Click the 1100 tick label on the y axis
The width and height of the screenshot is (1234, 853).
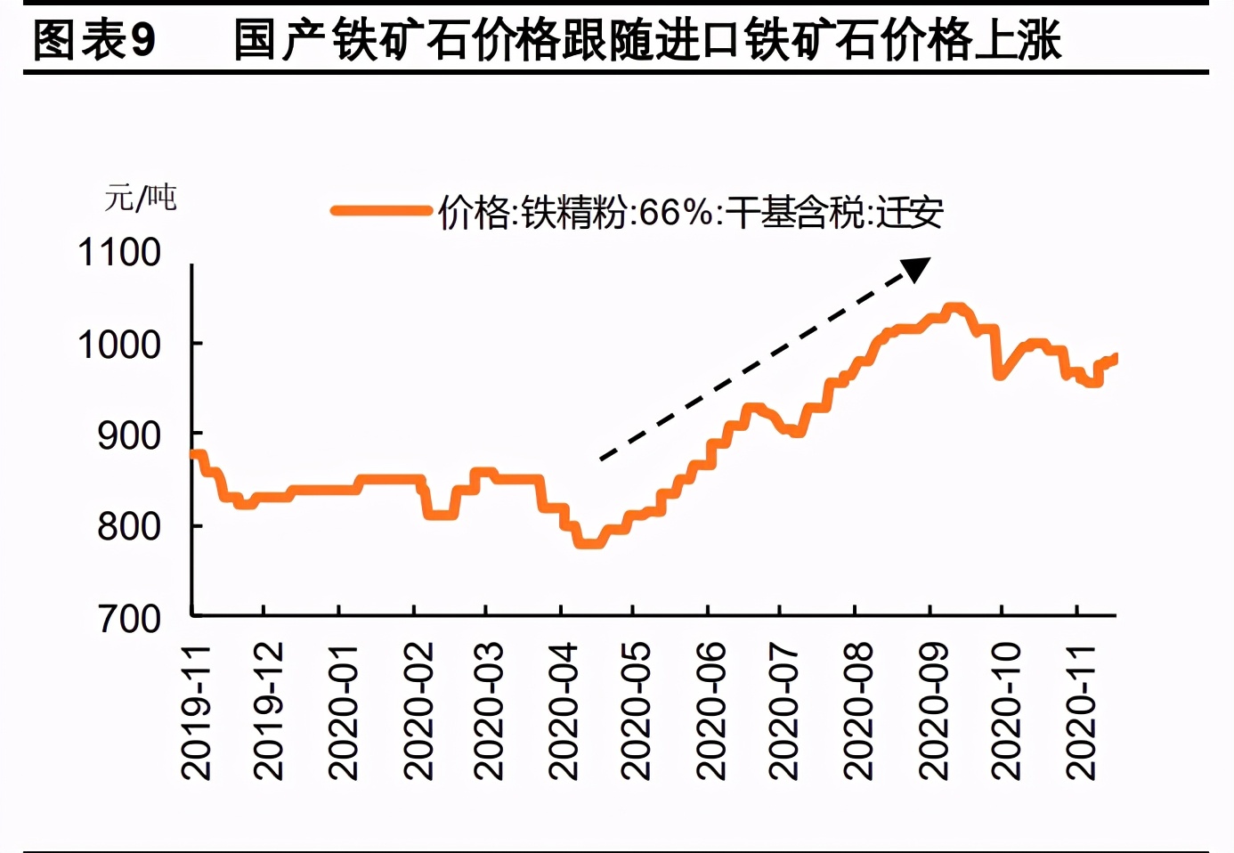(119, 253)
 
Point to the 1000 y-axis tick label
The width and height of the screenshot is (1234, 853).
(119, 345)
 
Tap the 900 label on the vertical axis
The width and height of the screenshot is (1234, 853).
(128, 436)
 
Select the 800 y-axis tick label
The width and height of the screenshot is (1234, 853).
(128, 527)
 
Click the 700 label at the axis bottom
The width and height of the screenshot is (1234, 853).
(128, 619)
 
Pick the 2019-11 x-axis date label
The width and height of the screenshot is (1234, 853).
(196, 712)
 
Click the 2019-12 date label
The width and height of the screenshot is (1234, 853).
(268, 712)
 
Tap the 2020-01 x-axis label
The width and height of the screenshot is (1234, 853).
(343, 712)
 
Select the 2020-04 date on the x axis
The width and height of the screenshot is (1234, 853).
(564, 712)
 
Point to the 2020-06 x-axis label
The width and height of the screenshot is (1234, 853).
(711, 712)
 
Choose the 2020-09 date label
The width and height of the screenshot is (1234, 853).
(934, 712)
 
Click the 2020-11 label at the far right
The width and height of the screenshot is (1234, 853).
(1081, 712)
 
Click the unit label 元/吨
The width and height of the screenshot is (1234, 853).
(141, 198)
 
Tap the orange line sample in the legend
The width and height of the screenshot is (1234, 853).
(381, 211)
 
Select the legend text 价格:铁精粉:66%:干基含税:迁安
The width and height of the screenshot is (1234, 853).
(690, 213)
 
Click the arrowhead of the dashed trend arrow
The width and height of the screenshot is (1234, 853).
(917, 268)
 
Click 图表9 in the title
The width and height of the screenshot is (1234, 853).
(93, 40)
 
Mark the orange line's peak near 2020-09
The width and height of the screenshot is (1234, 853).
(954, 309)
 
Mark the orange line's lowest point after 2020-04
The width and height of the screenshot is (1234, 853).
(590, 542)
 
